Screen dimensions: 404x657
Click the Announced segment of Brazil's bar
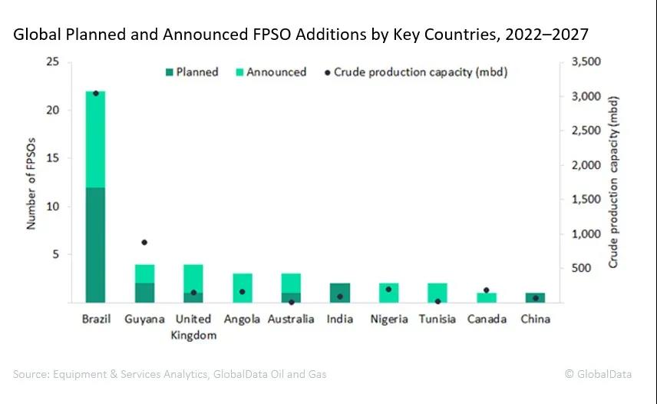click(95, 139)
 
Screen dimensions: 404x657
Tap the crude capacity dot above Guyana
click(144, 243)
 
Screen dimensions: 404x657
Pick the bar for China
click(534, 297)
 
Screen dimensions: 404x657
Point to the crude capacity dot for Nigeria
click(388, 290)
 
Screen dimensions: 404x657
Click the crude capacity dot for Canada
click(486, 290)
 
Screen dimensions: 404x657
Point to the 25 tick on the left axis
click(52, 62)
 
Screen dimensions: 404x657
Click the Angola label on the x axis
click(242, 319)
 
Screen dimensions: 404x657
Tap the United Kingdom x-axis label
click(193, 326)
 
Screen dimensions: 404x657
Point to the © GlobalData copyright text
click(598, 374)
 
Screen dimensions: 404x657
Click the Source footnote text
click(170, 374)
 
